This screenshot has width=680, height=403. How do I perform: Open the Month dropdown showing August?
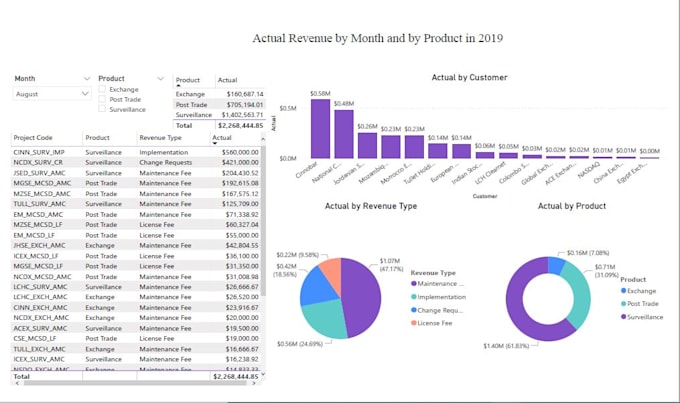[x=52, y=93]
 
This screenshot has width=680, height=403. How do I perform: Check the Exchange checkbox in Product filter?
[x=102, y=89]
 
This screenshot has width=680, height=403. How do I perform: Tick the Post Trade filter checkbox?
[x=102, y=99]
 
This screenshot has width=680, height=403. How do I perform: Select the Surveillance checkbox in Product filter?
[x=102, y=109]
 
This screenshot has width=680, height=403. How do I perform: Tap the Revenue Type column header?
[x=159, y=138]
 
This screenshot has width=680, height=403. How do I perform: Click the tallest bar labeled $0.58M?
[x=320, y=129]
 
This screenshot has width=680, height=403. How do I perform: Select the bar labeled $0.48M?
[x=344, y=134]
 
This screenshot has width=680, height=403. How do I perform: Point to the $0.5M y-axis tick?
[x=287, y=108]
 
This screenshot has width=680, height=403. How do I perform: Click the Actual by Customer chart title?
[x=468, y=77]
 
